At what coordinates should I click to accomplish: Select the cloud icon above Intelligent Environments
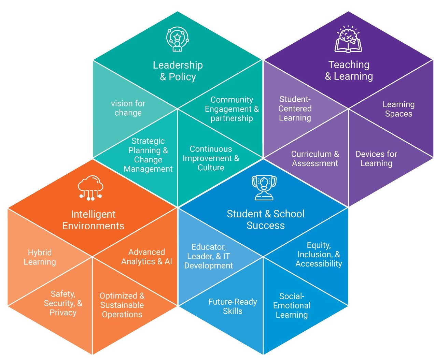pos(90,188)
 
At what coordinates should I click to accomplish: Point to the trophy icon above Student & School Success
pos(264,188)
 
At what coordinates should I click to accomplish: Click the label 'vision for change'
pos(128,108)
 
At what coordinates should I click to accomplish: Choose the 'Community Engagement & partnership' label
pos(232,109)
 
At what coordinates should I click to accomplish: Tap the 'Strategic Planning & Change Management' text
pos(148,155)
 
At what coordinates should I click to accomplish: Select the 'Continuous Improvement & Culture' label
pos(211,158)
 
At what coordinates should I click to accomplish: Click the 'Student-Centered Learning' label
pos(295,109)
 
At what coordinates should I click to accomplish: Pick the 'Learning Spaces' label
pos(398,109)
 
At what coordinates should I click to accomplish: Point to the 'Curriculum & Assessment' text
pos(315,159)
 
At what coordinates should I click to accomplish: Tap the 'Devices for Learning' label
pos(376,159)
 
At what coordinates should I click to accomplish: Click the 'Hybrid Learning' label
pos(40,257)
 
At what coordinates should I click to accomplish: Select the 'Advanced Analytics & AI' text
pos(146,257)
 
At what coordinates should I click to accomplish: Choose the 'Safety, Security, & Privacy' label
pos(63,303)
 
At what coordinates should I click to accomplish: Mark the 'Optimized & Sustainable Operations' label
pos(122,305)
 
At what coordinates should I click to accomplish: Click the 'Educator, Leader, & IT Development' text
pos(209,256)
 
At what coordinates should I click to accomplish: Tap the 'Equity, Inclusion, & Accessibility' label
pos(319,255)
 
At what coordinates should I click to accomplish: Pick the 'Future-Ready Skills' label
pos(233,306)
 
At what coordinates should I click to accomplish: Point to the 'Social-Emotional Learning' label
pos(292,306)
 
